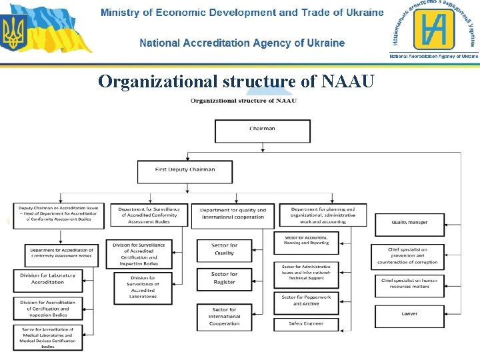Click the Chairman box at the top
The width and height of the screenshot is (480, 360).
pos(262,131)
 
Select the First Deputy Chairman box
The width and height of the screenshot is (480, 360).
pos(185,171)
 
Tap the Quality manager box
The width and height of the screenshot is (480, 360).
pos(409,223)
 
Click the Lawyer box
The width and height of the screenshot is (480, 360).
pos(409,315)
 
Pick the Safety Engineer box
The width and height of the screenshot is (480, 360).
pos(306,325)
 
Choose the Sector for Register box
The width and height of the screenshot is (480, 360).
pos(224,279)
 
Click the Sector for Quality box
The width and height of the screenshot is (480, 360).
pos(224,249)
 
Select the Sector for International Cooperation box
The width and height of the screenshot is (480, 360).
pos(224,317)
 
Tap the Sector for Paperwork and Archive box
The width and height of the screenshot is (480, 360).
pos(306,301)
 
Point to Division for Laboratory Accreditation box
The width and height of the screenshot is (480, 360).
pos(48,279)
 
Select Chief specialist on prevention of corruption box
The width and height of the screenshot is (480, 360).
pos(409,257)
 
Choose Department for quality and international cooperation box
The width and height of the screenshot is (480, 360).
pos(233,214)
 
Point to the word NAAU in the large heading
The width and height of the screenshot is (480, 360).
pos(348,82)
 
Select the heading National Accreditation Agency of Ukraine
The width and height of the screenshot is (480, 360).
pos(242,43)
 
